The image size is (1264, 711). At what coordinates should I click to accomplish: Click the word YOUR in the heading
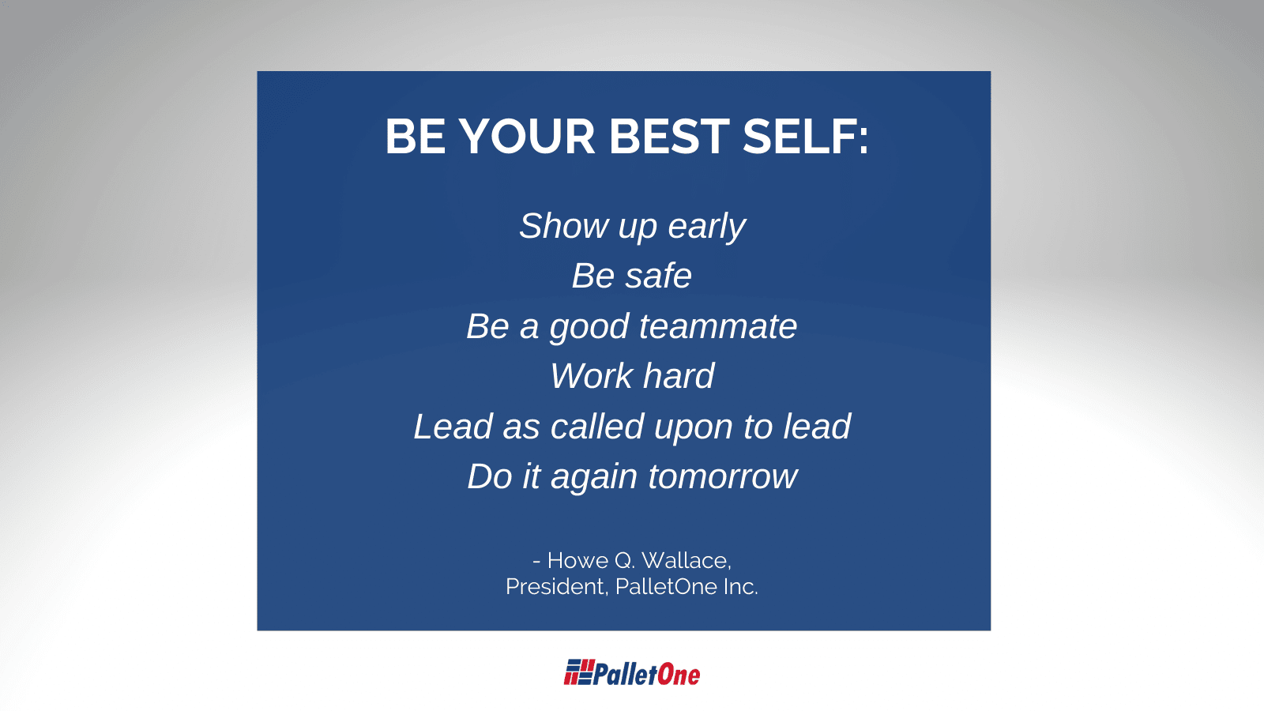click(526, 137)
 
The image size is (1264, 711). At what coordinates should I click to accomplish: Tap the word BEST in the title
click(669, 137)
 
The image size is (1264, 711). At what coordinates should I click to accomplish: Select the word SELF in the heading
click(799, 137)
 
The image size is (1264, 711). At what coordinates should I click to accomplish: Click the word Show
click(564, 226)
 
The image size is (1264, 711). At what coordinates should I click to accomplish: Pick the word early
click(707, 227)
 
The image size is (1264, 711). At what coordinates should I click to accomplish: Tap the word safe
click(659, 276)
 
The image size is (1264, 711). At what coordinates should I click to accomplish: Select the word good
click(589, 327)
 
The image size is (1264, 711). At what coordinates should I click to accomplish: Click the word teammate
click(718, 326)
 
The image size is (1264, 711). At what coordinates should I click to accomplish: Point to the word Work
click(592, 376)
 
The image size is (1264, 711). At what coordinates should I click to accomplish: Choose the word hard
click(679, 376)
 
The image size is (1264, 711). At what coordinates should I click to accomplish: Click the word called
click(597, 426)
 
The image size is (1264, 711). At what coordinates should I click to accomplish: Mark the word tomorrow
click(723, 477)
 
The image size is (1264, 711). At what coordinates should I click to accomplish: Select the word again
click(595, 478)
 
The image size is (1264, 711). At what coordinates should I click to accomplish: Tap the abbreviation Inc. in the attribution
click(740, 586)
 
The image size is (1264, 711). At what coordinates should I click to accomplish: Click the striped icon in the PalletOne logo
click(579, 672)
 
